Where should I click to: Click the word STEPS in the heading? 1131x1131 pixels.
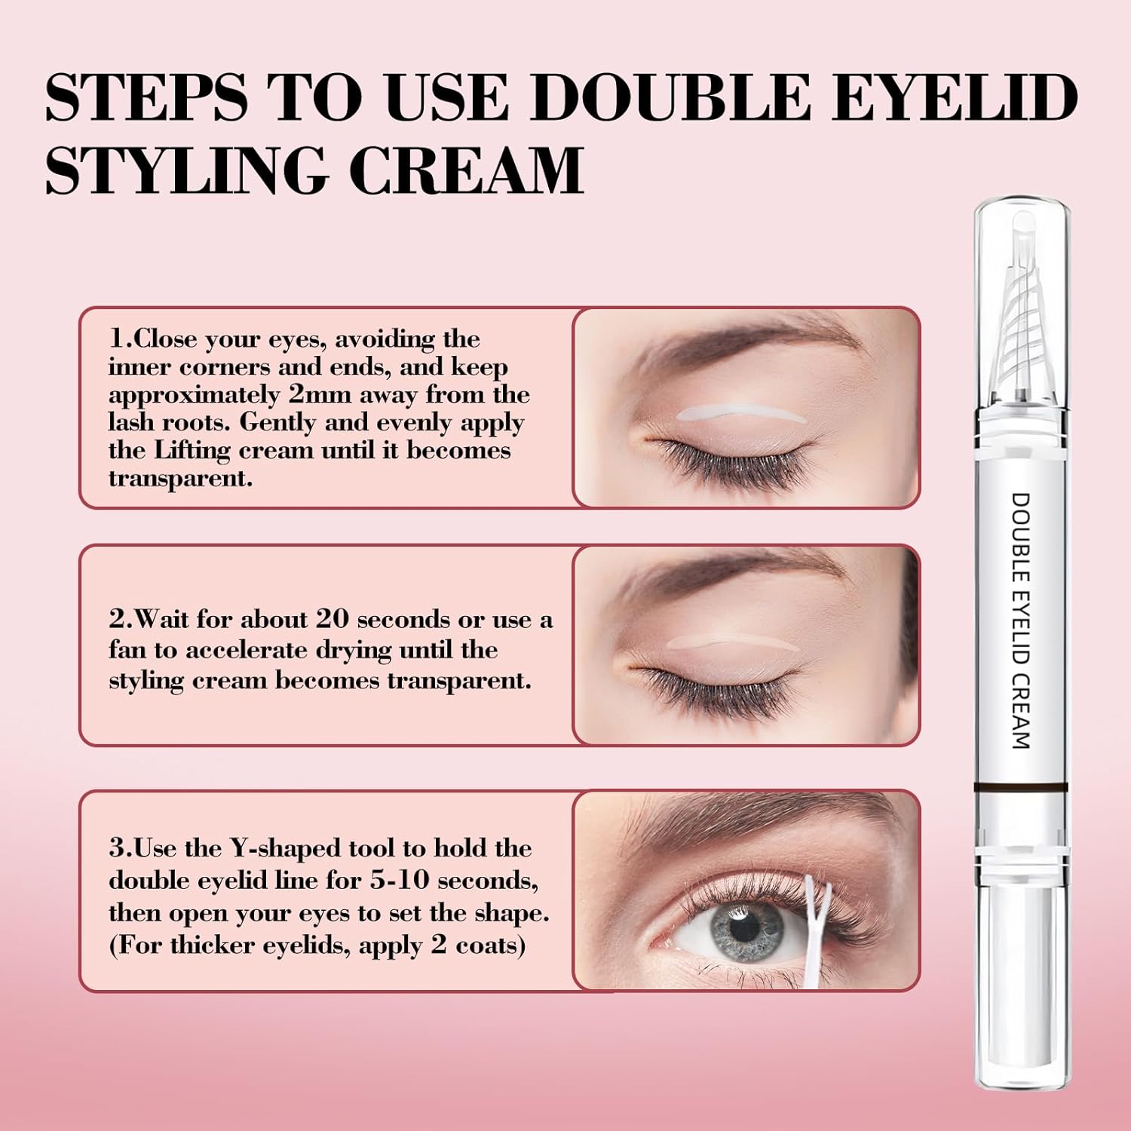(x=146, y=97)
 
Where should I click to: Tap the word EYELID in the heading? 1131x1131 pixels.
(x=954, y=97)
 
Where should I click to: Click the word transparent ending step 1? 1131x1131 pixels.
(x=180, y=478)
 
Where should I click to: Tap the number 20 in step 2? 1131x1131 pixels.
(x=333, y=619)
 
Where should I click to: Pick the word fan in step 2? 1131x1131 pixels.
(x=127, y=649)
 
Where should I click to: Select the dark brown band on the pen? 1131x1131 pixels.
(x=1019, y=786)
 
